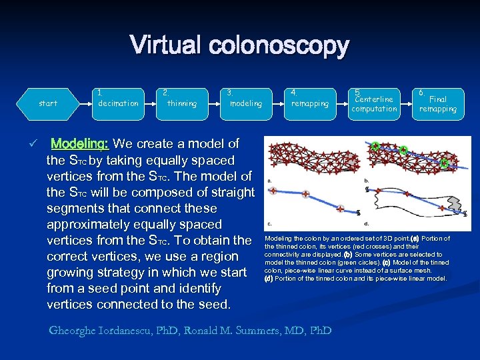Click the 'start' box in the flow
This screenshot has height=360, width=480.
pos(48,103)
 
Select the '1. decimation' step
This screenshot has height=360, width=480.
pos(118,103)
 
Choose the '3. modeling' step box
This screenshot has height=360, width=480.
pos(245,103)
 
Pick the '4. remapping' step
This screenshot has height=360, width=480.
pos(309,103)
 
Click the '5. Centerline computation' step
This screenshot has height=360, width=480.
pos(374,103)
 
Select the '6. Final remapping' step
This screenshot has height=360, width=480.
pos(438,103)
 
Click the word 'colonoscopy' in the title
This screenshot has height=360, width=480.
pos(279,47)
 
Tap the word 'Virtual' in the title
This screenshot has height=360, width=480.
pos(166,45)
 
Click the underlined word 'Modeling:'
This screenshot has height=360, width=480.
pos(80,143)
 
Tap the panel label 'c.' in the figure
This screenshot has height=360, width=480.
pos(269,223)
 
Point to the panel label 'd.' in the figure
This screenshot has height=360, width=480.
pos(367,223)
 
